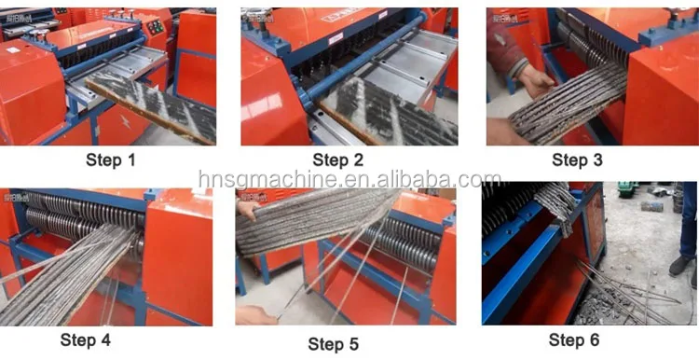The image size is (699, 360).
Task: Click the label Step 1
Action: [111, 160]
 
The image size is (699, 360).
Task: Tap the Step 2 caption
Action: [338, 160]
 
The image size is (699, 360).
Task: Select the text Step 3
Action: [577, 160]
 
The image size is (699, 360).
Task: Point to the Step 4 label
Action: [85, 340]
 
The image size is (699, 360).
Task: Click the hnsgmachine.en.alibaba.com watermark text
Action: [349, 179]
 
